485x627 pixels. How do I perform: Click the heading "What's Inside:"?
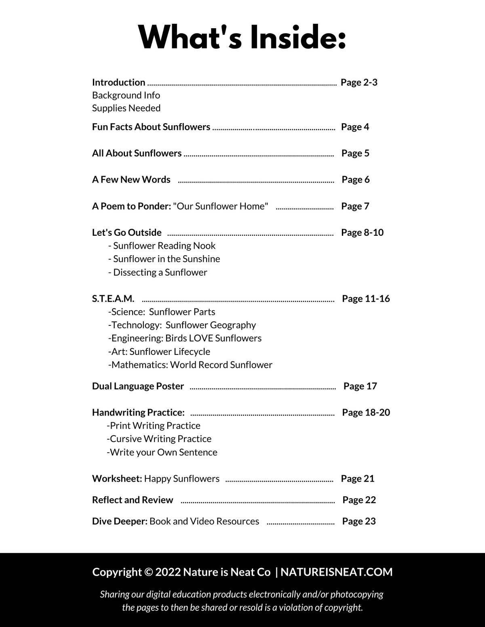pyautogui.click(x=242, y=37)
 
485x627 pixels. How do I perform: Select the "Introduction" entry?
pyautogui.click(x=118, y=82)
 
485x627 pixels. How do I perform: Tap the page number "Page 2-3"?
pyautogui.click(x=359, y=82)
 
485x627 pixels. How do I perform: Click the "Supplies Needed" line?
pyautogui.click(x=126, y=108)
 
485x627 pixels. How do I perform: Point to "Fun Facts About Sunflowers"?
pyautogui.click(x=151, y=127)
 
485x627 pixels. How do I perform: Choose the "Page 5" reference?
pyautogui.click(x=355, y=153)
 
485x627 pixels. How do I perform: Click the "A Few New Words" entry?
pyautogui.click(x=131, y=180)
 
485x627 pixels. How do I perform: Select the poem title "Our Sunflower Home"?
pyautogui.click(x=221, y=206)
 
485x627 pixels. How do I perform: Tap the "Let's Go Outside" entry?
pyautogui.click(x=127, y=233)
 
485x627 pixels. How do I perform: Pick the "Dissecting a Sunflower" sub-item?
pyautogui.click(x=158, y=273)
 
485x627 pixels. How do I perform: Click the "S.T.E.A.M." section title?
pyautogui.click(x=113, y=299)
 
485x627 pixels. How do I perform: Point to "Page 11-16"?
pyautogui.click(x=366, y=299)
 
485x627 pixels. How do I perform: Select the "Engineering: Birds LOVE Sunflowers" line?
pyautogui.click(x=185, y=338)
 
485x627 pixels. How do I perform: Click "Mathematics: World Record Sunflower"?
pyautogui.click(x=190, y=365)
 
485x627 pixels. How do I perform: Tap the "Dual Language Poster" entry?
pyautogui.click(x=138, y=386)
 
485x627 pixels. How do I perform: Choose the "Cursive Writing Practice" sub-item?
pyautogui.click(x=159, y=439)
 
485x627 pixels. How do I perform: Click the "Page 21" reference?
pyautogui.click(x=358, y=479)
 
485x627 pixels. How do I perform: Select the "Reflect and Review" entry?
pyautogui.click(x=133, y=500)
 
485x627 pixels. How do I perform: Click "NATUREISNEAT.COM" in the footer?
pyautogui.click(x=337, y=572)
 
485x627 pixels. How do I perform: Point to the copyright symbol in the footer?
pyautogui.click(x=148, y=572)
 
